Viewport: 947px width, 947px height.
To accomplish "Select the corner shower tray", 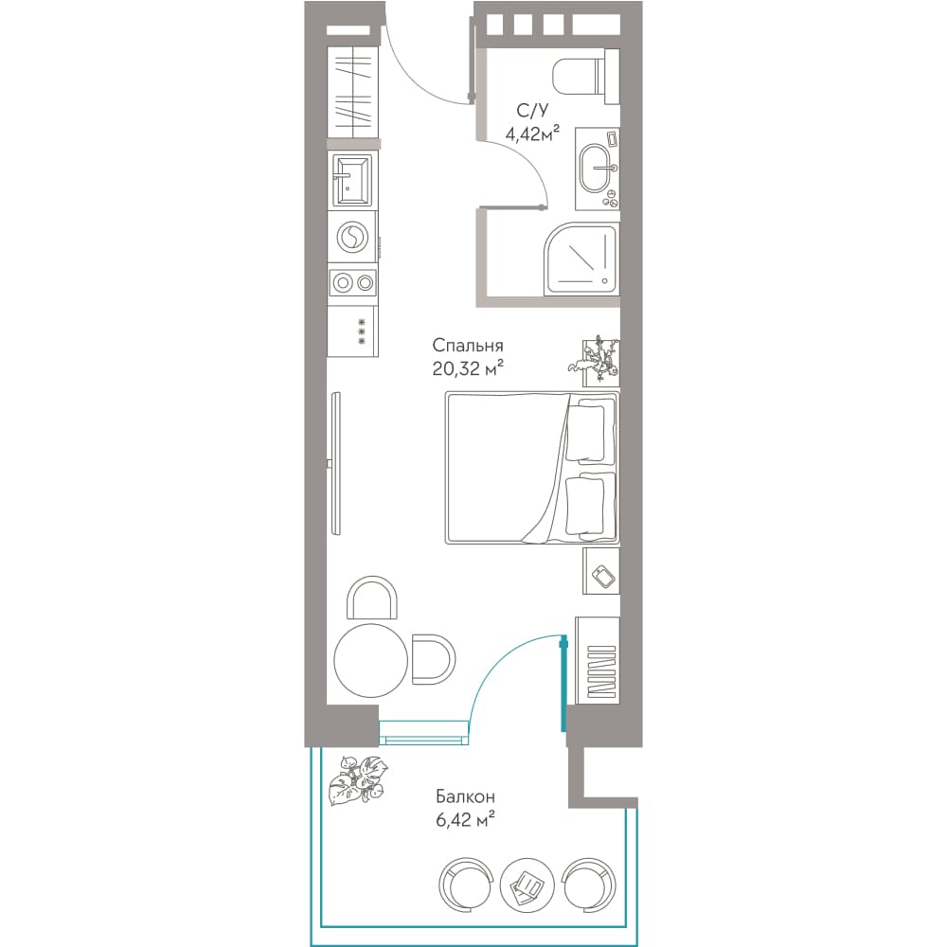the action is (x=581, y=259).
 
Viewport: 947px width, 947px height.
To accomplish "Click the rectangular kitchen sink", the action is (x=350, y=180).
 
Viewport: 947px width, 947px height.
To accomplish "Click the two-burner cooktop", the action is (x=352, y=282).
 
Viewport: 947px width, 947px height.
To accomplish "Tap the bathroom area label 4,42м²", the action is (x=532, y=132).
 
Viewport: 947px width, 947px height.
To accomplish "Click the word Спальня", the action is (x=468, y=346).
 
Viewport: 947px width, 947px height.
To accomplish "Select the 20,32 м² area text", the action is (x=468, y=367).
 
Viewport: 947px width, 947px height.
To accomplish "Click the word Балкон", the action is (x=466, y=797).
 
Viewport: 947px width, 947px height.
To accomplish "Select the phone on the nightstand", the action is (x=604, y=575).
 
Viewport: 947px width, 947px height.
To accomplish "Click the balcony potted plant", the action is (x=358, y=779).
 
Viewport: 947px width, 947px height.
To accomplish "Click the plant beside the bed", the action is (x=596, y=359).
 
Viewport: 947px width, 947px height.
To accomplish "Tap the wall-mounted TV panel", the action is (x=336, y=463).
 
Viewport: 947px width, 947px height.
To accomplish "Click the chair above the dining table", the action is (x=372, y=598).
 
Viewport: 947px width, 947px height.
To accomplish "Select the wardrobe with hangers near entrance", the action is (x=352, y=91).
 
